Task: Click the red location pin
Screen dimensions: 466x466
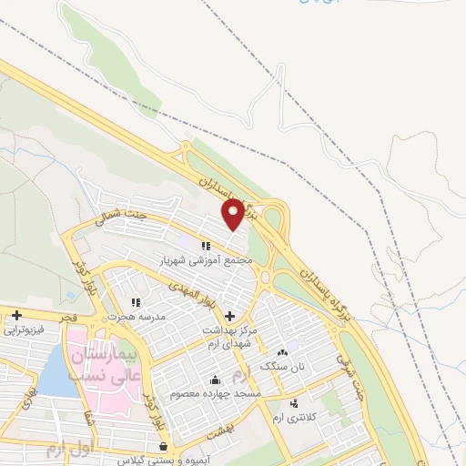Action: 233,214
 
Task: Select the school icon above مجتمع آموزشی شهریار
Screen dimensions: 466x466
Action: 207,246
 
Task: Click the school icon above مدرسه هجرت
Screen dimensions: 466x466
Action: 137,302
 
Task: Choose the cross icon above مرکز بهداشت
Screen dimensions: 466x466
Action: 228,315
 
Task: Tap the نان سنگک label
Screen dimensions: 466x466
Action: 279,366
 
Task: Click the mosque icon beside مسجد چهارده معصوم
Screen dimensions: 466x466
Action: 215,380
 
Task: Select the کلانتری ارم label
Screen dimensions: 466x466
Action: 291,416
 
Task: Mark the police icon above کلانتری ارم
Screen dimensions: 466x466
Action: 293,403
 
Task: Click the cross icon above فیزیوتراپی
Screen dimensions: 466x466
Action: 16,315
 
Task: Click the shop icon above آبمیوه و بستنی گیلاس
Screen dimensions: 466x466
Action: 163,447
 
